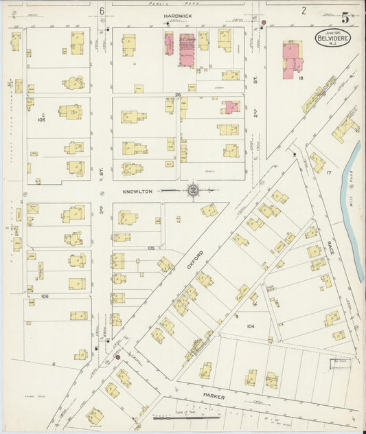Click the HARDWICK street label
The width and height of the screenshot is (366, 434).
(176, 14)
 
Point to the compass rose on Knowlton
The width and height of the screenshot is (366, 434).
(194, 190)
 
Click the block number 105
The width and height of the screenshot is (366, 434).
(152, 248)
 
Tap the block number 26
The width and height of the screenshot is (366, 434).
(177, 95)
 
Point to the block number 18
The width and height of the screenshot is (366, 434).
(301, 78)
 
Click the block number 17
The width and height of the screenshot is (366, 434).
(329, 172)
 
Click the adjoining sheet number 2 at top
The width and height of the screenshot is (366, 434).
(303, 10)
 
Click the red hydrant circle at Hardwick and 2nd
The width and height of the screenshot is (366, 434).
(263, 23)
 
